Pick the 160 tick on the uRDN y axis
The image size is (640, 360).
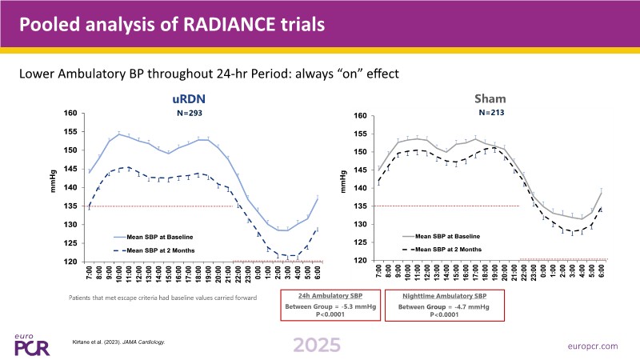[x=71, y=114]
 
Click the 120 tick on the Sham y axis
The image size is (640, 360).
[x=360, y=261]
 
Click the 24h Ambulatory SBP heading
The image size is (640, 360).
[x=330, y=296]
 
